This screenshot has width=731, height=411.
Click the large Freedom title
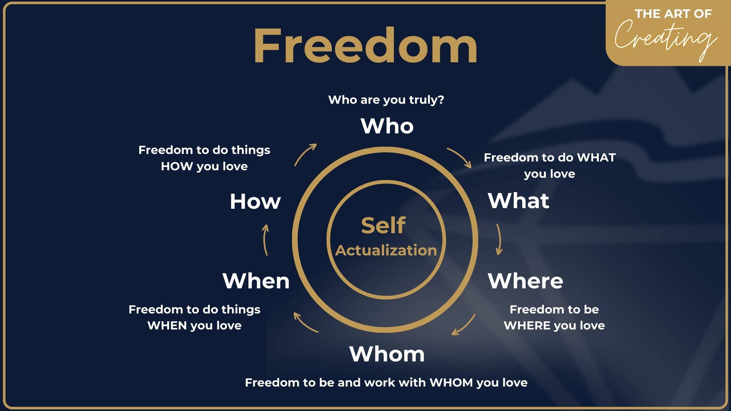click(365, 45)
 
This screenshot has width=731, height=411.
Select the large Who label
click(387, 126)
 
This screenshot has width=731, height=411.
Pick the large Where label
click(525, 281)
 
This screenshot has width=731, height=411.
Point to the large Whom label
click(387, 354)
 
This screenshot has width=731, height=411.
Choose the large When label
click(256, 281)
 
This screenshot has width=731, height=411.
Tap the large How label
click(255, 201)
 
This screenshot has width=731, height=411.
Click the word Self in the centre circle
click(383, 225)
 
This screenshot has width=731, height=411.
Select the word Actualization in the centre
click(386, 251)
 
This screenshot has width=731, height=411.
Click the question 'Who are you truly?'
click(386, 99)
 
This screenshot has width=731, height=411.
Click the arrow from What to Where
click(499, 239)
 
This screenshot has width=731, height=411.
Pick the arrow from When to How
click(265, 240)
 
